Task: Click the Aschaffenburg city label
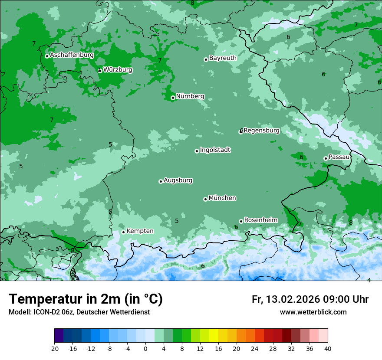point(72,55)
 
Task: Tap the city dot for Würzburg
point(99,70)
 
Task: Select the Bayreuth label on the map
point(223,58)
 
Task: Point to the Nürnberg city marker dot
point(173,98)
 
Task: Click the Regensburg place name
point(261,131)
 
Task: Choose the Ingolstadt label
point(215,150)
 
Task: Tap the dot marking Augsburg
point(161,181)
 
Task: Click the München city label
point(222,198)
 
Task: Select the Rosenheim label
point(260,220)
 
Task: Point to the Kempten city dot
point(123,232)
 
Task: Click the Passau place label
point(339,157)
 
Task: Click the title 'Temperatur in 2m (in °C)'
point(86,299)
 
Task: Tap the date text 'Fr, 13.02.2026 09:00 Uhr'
point(310,300)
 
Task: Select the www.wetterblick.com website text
point(313,312)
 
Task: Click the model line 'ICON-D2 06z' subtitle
point(79,312)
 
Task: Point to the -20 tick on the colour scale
point(54,349)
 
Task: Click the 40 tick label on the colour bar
point(327,349)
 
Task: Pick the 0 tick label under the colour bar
point(145,349)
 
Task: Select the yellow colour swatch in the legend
point(214,336)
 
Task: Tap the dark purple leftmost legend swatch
point(59,336)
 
